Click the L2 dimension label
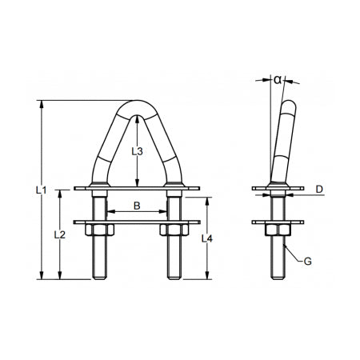[58, 234]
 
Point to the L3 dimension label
[137, 150]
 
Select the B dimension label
[137, 206]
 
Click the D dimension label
[318, 189]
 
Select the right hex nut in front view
[173, 231]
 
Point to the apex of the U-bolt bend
[137, 103]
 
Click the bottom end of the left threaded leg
[99, 277]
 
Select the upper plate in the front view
[137, 190]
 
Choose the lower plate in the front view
[137, 222]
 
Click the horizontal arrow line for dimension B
[137, 213]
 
